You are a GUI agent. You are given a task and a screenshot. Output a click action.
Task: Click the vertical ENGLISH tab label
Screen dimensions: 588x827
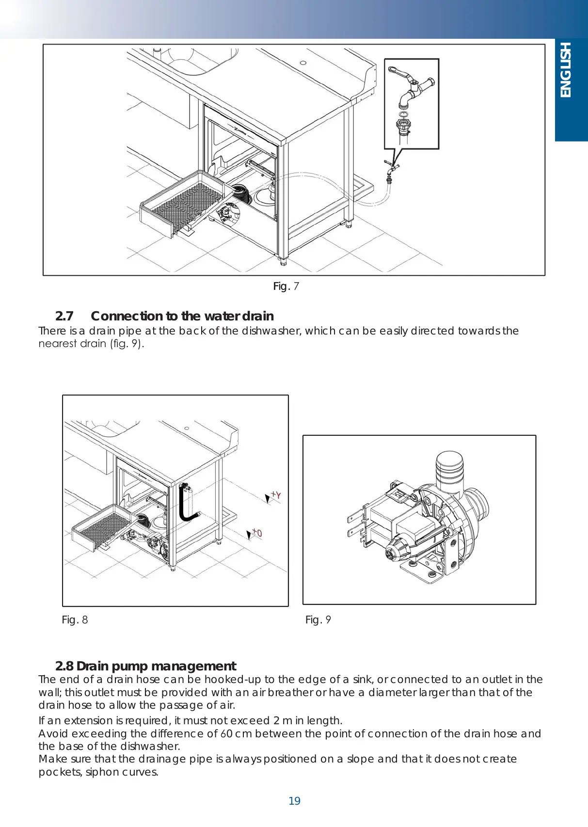point(565,70)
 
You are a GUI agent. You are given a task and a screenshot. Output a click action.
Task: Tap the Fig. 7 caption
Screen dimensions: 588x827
point(286,286)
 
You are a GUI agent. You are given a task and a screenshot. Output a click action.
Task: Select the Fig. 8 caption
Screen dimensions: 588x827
point(75,620)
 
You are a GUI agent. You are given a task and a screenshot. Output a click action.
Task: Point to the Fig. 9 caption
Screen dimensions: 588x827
point(318,620)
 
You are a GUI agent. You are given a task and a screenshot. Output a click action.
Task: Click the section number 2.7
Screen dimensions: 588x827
point(64,316)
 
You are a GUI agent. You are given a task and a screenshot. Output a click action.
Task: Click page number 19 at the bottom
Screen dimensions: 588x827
point(294,801)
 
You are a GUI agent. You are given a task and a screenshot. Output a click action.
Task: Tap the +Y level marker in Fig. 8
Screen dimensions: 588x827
point(273,496)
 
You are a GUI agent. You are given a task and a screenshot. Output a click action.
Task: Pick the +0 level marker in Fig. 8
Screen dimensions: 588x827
point(254,534)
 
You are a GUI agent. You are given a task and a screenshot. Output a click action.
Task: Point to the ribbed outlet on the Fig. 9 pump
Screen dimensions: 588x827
point(449,468)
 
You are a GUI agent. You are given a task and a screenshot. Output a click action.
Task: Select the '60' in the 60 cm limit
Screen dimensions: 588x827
point(226,733)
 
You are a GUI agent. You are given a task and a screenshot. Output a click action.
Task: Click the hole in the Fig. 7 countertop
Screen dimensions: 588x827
point(303,63)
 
